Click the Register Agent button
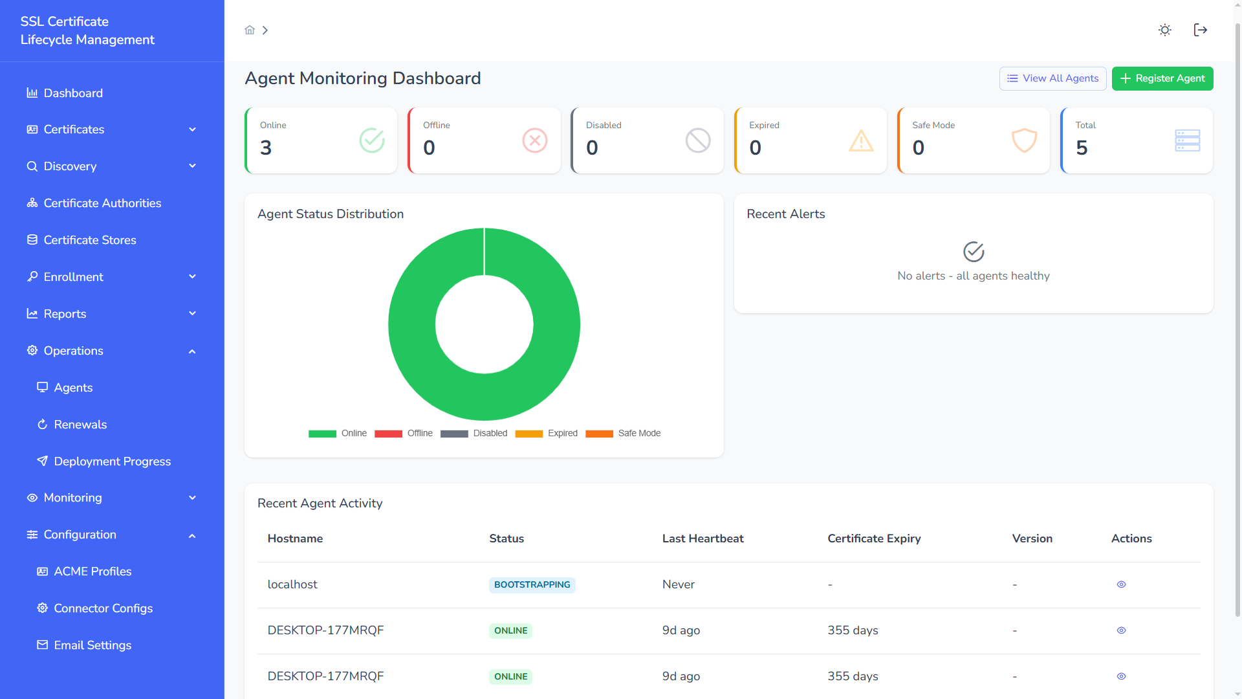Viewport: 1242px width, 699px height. [x=1162, y=78]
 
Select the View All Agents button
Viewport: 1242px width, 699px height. [x=1052, y=78]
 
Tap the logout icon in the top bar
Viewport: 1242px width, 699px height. [x=1200, y=30]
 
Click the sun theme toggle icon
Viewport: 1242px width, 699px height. [x=1164, y=30]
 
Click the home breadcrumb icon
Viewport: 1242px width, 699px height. [x=250, y=30]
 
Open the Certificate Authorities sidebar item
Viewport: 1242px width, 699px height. [x=102, y=203]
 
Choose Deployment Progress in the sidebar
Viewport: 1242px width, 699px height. [x=112, y=461]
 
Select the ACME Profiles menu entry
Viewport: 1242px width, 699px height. [x=93, y=571]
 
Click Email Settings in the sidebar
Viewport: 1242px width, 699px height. [x=93, y=645]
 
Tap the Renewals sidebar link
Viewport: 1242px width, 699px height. [x=80, y=425]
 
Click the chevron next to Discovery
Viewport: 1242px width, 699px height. [x=192, y=166]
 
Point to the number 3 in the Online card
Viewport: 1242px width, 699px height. [x=266, y=148]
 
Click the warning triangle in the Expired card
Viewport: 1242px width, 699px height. [x=860, y=141]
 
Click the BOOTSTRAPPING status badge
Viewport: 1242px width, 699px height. [x=532, y=585]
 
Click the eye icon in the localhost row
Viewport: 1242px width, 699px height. [x=1121, y=584]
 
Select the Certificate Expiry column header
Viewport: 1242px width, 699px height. [x=873, y=538]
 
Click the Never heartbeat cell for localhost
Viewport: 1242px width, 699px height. [x=678, y=584]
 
